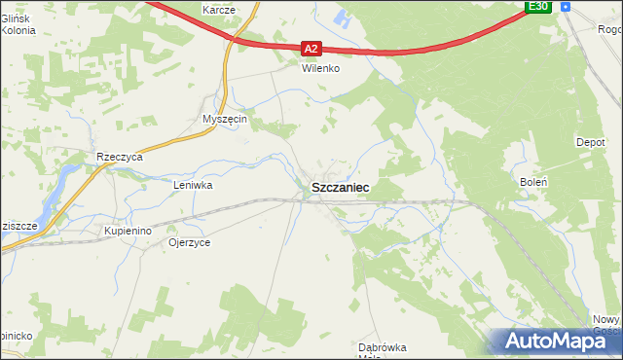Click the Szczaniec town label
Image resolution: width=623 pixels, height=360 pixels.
pyautogui.click(x=339, y=187)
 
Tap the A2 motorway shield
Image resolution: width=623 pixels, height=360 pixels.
pyautogui.click(x=311, y=48)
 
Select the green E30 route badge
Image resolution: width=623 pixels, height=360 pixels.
pyautogui.click(x=539, y=7)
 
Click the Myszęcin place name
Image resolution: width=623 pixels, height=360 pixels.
pyautogui.click(x=225, y=119)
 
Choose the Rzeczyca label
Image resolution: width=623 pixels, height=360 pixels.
pyautogui.click(x=121, y=157)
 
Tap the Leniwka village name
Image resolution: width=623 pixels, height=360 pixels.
pyautogui.click(x=193, y=184)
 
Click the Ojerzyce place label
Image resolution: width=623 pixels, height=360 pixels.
pyautogui.click(x=189, y=242)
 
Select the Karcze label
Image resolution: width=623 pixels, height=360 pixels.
pyautogui.click(x=219, y=9)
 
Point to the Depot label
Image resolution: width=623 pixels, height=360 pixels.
pyautogui.click(x=591, y=142)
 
